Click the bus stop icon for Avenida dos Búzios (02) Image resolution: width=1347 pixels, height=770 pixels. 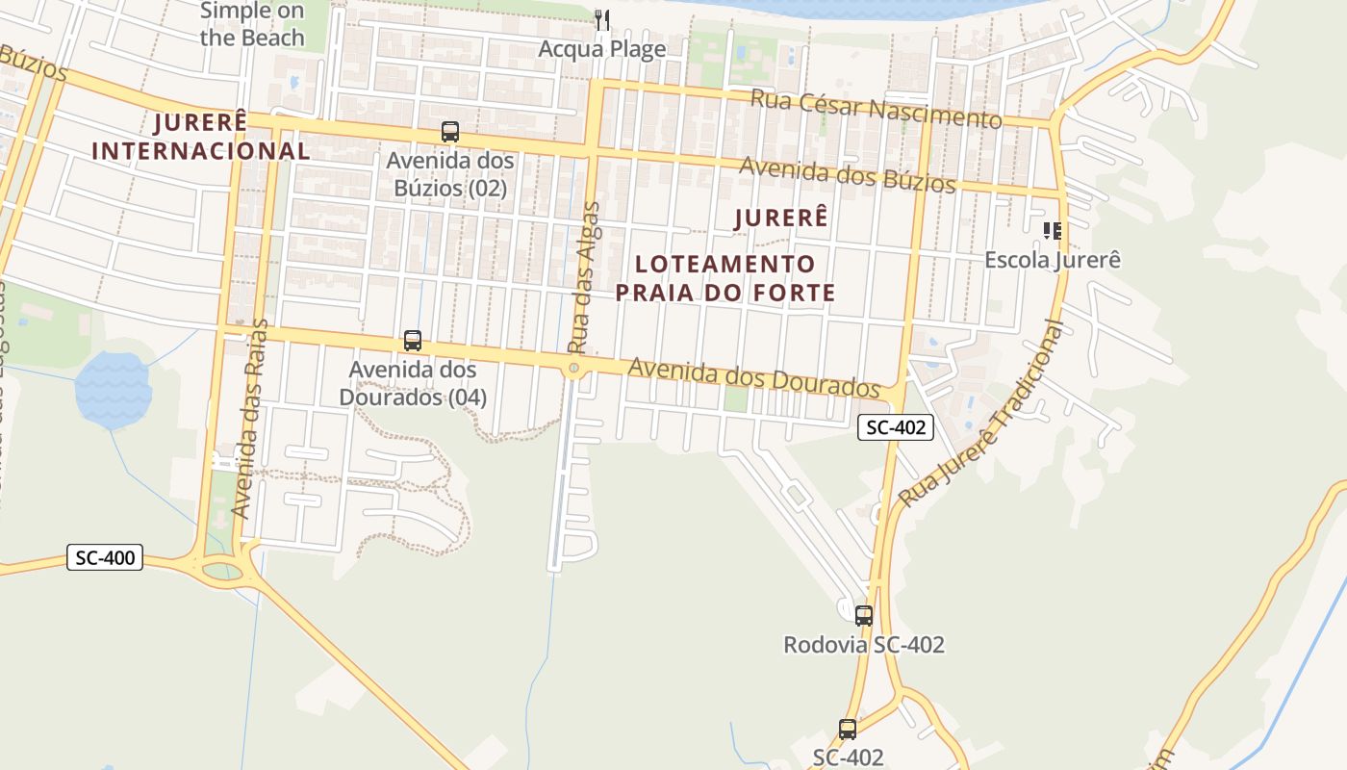[x=449, y=132]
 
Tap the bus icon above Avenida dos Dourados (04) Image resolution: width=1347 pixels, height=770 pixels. [x=413, y=340]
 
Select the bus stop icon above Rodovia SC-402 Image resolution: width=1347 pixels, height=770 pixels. [x=864, y=615]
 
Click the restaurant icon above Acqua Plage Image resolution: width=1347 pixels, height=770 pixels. [x=602, y=19]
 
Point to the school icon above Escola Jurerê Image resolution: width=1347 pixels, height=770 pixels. [x=1052, y=230]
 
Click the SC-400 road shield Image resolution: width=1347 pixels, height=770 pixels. [x=105, y=556]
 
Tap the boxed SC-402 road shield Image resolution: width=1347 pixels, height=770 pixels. [x=896, y=427]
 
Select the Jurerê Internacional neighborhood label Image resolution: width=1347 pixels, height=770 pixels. [x=201, y=137]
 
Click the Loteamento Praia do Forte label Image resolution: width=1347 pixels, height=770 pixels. [x=725, y=278]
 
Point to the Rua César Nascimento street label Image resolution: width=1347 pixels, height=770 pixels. [x=876, y=108]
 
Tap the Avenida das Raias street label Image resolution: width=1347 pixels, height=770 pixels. [x=249, y=419]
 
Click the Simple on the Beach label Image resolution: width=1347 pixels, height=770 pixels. [x=252, y=25]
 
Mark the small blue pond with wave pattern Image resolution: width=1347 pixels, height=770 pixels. [x=114, y=390]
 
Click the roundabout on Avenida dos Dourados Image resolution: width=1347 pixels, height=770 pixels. [x=574, y=368]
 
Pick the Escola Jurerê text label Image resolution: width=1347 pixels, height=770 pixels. [x=1052, y=260]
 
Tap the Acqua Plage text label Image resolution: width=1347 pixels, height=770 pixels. [x=602, y=49]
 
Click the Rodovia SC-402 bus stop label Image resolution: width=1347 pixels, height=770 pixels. [x=864, y=645]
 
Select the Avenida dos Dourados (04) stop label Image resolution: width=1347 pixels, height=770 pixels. [x=413, y=383]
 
